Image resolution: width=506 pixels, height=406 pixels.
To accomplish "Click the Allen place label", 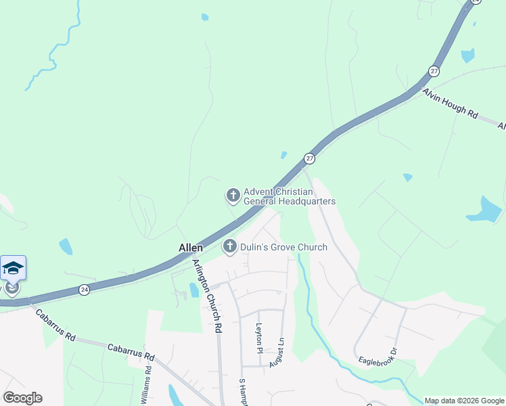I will pyautogui.click(x=191, y=248).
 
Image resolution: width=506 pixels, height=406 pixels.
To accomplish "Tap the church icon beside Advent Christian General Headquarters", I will pyautogui.click(x=233, y=196).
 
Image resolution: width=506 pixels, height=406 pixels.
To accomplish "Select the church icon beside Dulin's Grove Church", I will pyautogui.click(x=230, y=247).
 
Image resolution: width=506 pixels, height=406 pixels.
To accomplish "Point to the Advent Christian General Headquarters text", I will pyautogui.click(x=290, y=196).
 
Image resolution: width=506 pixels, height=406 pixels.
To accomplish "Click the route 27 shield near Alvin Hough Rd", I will pyautogui.click(x=434, y=70).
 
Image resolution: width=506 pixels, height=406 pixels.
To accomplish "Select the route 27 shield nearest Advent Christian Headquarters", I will pyautogui.click(x=309, y=158).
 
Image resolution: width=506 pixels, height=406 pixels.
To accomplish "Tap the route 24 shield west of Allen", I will pyautogui.click(x=84, y=289).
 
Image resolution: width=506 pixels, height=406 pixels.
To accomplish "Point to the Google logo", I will pyautogui.click(x=22, y=398).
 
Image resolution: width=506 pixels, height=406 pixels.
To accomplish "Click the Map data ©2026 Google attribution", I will pyautogui.click(x=464, y=401).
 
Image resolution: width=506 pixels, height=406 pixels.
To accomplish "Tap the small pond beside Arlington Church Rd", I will pyautogui.click(x=194, y=290).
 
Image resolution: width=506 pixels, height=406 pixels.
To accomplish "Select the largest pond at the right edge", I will pyautogui.click(x=486, y=210).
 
